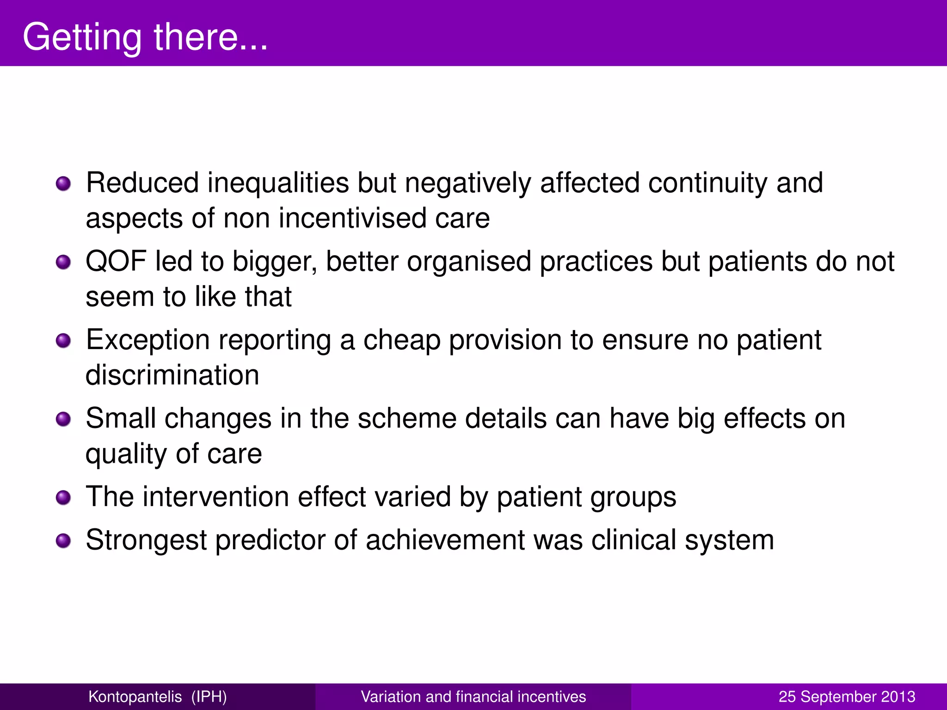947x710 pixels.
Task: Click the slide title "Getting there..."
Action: click(145, 37)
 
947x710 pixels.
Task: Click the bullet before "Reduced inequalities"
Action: click(63, 184)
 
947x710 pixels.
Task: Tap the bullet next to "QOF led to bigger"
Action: click(63, 263)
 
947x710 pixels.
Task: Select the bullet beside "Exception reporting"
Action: click(63, 341)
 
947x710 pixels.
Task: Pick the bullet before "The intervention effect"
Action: click(63, 498)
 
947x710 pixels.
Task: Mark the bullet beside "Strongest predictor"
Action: click(63, 541)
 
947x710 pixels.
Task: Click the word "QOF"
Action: click(116, 262)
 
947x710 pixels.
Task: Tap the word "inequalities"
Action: click(278, 183)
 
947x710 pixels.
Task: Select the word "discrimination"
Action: click(172, 375)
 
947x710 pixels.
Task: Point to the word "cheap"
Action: click(401, 341)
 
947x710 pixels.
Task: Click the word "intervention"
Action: click(215, 497)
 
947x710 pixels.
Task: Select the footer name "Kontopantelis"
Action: click(135, 697)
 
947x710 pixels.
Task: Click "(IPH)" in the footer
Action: click(209, 697)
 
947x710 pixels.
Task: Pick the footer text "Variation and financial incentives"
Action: click(473, 697)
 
